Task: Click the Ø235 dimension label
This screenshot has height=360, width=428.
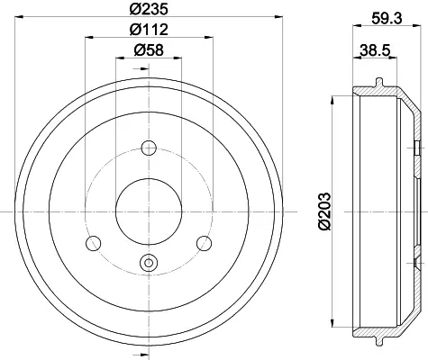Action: pyautogui.click(x=149, y=9)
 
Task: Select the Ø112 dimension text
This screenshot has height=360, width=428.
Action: pyautogui.click(x=149, y=29)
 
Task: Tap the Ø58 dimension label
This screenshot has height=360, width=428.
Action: pyautogui.click(x=149, y=49)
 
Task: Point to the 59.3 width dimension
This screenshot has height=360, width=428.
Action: pyautogui.click(x=387, y=19)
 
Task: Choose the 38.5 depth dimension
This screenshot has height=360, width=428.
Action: pyautogui.click(x=375, y=49)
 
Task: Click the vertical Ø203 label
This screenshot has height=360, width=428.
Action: pyautogui.click(x=324, y=211)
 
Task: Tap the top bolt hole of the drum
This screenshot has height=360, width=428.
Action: pyautogui.click(x=149, y=148)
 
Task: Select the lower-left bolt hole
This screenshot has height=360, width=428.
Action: pyautogui.click(x=93, y=243)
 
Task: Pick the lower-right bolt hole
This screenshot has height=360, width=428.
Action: pyautogui.click(x=205, y=243)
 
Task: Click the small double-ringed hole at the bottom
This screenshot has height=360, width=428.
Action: pyautogui.click(x=149, y=263)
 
